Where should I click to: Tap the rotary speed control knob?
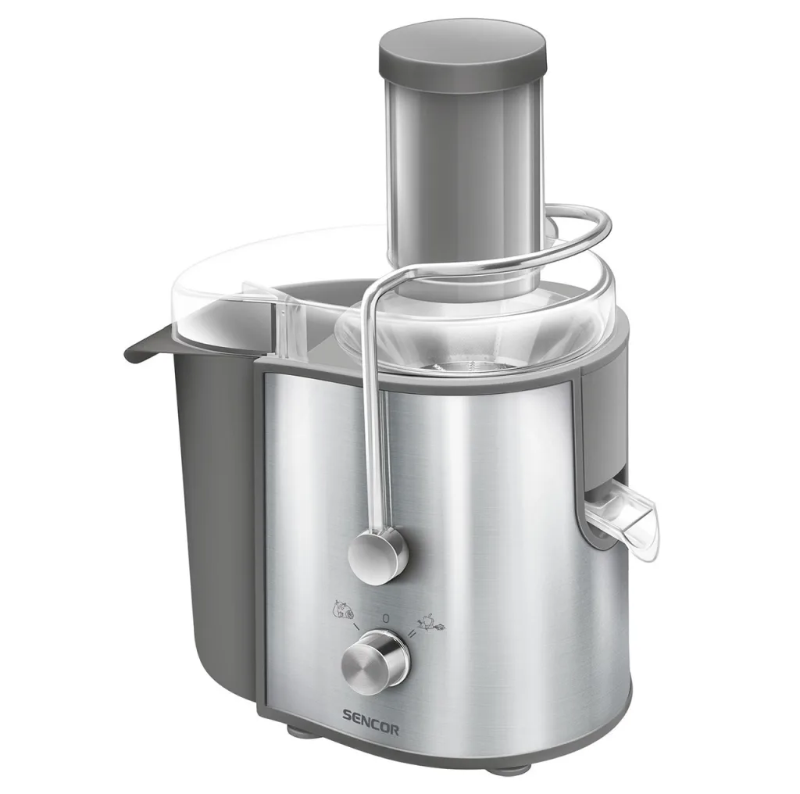coord(376,661)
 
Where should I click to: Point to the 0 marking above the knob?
coord(386,618)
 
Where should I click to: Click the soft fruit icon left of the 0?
coord(343,610)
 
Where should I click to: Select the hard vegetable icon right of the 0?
coord(431,622)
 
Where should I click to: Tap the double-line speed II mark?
coord(411,634)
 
